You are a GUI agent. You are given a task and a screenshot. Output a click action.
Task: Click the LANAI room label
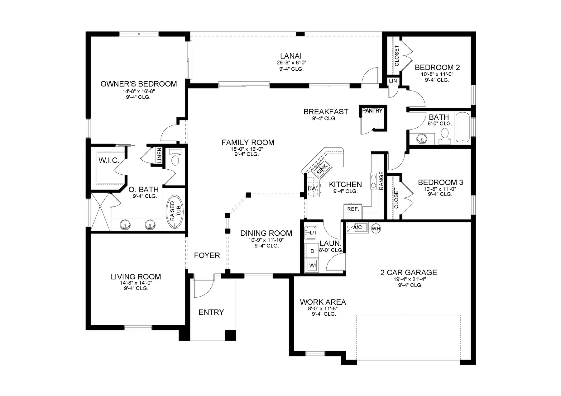point(291,56)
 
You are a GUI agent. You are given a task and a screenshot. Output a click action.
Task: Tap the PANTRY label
point(372,111)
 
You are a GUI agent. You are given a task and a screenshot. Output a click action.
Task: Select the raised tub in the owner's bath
point(175,213)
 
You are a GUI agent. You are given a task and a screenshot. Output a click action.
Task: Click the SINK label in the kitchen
point(322,168)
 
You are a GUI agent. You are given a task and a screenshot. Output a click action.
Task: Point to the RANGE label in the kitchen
point(381,180)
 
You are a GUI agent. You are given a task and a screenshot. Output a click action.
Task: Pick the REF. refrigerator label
point(353,209)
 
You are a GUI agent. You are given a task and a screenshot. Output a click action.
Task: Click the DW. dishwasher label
point(313,189)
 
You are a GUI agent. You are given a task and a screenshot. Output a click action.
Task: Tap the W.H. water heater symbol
point(376,229)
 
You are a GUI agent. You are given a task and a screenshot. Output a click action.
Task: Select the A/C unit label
point(357,227)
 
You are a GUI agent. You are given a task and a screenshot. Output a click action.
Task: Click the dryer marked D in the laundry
point(312,251)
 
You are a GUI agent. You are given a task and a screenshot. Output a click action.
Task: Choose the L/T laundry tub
point(312,233)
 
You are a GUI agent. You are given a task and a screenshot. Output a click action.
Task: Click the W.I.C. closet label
point(109,160)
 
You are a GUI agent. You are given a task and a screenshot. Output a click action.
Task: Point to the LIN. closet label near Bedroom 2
point(394,81)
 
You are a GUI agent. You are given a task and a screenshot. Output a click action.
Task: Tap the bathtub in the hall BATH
point(463,128)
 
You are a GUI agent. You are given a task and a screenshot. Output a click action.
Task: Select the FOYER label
point(207,256)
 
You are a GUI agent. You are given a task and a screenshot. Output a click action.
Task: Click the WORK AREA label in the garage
point(323,302)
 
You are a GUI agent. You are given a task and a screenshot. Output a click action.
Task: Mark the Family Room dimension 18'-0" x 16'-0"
point(248,149)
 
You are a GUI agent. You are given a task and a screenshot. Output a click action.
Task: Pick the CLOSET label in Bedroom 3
point(396,198)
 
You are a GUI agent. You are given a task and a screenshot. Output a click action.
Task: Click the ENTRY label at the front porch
point(211,312)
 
